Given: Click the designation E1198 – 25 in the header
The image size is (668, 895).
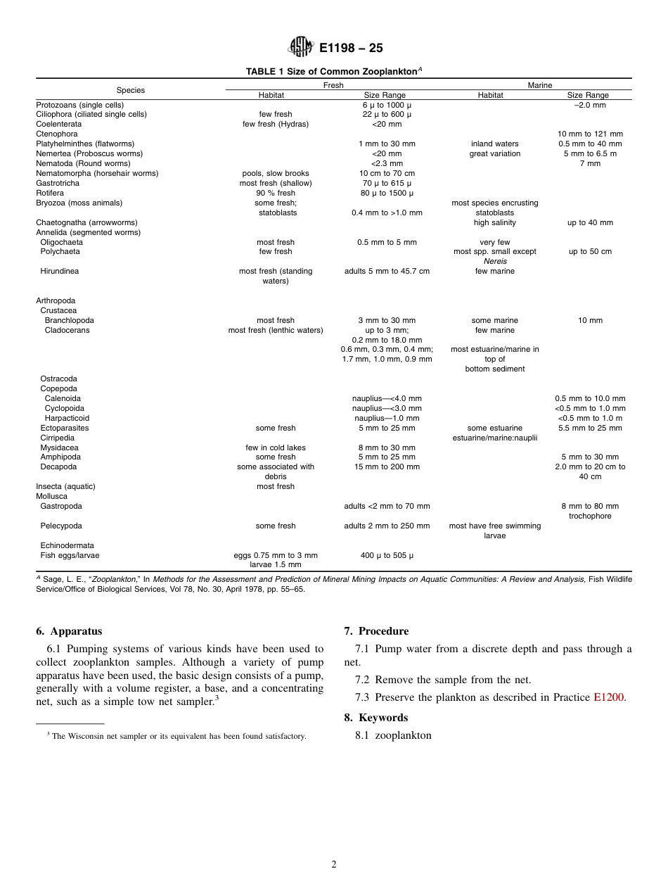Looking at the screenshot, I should (351, 49).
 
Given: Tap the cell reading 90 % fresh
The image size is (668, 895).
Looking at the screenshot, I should (276, 193).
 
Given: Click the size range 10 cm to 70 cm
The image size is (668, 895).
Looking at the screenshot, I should (387, 173).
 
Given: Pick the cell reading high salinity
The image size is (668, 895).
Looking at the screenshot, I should (495, 222).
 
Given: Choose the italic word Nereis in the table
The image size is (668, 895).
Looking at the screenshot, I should (495, 261).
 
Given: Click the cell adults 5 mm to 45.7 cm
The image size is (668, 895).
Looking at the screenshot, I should (387, 271).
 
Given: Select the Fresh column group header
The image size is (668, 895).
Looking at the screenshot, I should (333, 85).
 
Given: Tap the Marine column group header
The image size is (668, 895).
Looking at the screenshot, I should (540, 85).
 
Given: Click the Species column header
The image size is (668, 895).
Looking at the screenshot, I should (131, 90).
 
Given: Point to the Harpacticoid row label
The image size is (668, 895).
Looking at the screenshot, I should (67, 418).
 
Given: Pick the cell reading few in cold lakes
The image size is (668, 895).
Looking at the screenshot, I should (276, 447).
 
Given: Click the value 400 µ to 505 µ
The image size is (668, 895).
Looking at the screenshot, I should (387, 555).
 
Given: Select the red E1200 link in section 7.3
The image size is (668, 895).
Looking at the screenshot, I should (608, 697).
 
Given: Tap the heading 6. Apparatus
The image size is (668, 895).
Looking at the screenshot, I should (69, 631).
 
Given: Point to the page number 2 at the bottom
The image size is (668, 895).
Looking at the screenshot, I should (334, 865).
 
